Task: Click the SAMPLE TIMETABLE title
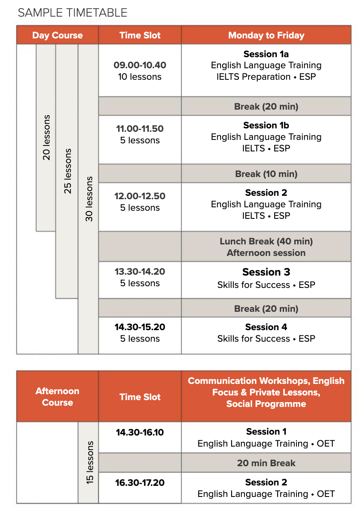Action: coord(73,13)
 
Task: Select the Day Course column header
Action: coord(57,35)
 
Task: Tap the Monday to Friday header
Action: coord(266,35)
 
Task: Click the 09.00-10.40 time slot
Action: coord(140,65)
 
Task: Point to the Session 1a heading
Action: coord(266,54)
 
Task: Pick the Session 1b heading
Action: coord(266,125)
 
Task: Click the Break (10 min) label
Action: coord(266,174)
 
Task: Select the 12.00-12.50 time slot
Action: coord(140,196)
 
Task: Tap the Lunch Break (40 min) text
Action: coord(266,241)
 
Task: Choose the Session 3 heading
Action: coord(266,272)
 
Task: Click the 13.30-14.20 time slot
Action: coord(140,271)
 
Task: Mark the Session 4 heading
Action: coord(266,327)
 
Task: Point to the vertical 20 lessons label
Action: coord(46,137)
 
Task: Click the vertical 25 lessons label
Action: coord(67,171)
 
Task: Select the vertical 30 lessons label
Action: coord(89,199)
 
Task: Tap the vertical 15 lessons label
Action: coord(90,462)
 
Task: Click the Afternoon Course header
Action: coord(57,397)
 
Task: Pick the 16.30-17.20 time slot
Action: coord(140,482)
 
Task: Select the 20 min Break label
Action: coord(266,463)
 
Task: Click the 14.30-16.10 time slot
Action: coord(140,432)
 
